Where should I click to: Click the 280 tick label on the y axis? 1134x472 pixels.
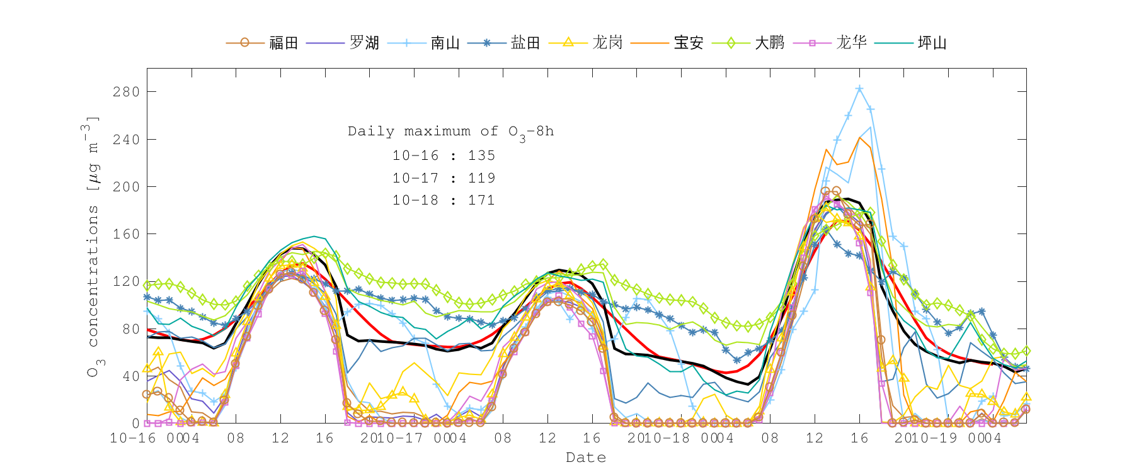(126, 92)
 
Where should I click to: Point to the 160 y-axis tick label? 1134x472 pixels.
(126, 234)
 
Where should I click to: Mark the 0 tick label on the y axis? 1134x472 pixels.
(135, 424)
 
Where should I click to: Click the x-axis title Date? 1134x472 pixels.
(586, 458)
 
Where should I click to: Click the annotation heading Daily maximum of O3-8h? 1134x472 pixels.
(450, 132)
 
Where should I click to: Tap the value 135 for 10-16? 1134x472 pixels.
(481, 155)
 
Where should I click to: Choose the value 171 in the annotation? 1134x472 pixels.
(481, 200)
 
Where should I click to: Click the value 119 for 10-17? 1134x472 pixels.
(481, 178)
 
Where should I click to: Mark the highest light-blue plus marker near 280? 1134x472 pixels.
(859, 89)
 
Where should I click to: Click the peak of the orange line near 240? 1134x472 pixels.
(859, 138)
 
